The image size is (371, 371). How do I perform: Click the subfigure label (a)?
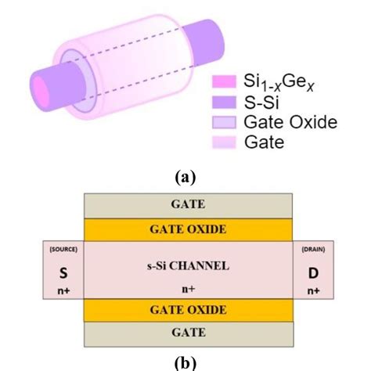point(185,178)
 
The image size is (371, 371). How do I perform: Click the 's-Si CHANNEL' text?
point(185,265)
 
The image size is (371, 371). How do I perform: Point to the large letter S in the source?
point(61,272)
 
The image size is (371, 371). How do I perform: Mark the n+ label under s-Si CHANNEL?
point(185,287)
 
